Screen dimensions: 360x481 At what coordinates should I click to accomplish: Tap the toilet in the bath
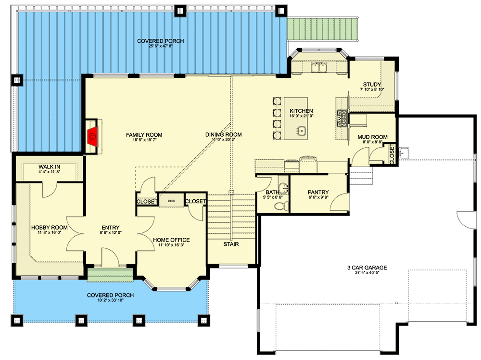[280, 206]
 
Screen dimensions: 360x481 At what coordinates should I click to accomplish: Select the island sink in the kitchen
[301, 130]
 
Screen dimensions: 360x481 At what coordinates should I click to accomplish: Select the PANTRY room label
[318, 192]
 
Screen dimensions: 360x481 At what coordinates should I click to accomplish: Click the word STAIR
[231, 244]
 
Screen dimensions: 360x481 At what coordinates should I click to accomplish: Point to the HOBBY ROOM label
[50, 228]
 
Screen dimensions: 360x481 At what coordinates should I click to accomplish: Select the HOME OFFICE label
[171, 240]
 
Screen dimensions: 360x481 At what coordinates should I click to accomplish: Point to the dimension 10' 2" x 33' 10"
[110, 301]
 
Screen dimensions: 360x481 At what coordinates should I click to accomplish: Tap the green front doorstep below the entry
[110, 275]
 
